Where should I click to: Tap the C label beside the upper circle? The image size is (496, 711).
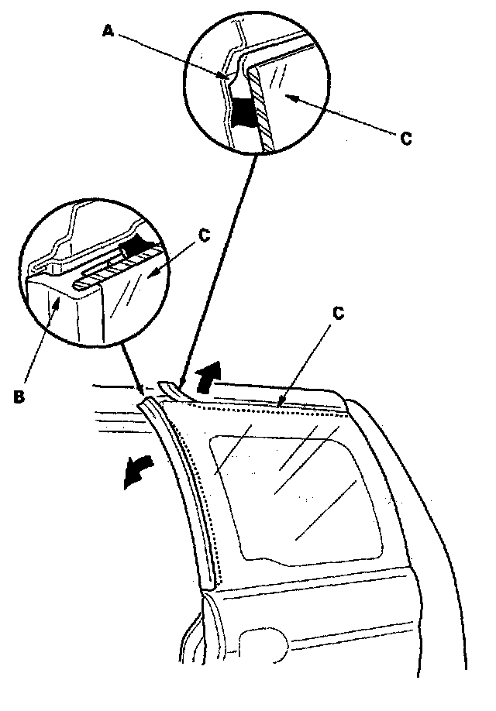pos(405,139)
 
